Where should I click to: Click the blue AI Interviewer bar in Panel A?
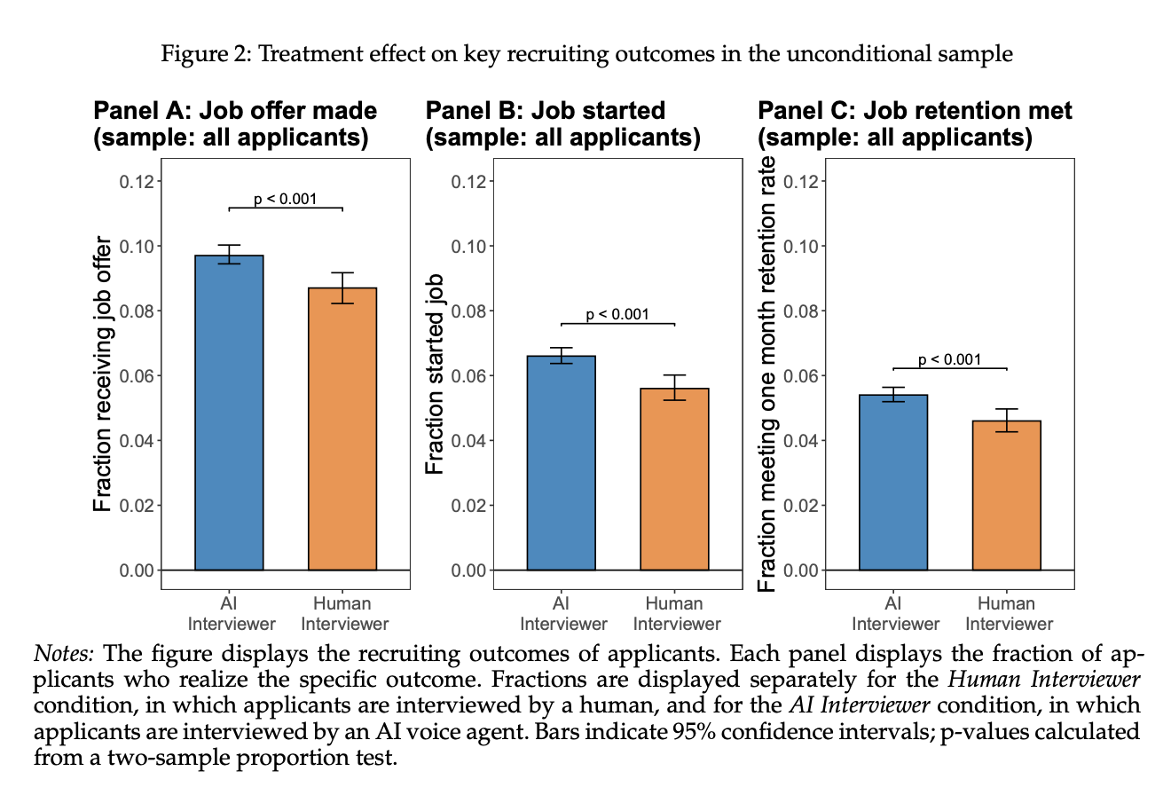tap(229, 413)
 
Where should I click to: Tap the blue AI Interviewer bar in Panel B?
tap(561, 462)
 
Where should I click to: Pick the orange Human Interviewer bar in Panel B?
tap(674, 479)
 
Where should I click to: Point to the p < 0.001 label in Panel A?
tap(285, 199)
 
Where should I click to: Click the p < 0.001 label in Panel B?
tap(617, 314)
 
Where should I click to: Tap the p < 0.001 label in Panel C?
tap(949, 359)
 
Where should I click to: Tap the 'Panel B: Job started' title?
tap(546, 111)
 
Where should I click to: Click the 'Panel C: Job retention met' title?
tap(915, 111)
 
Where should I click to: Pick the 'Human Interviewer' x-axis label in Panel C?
tap(1008, 613)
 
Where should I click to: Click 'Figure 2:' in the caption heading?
tap(197, 55)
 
